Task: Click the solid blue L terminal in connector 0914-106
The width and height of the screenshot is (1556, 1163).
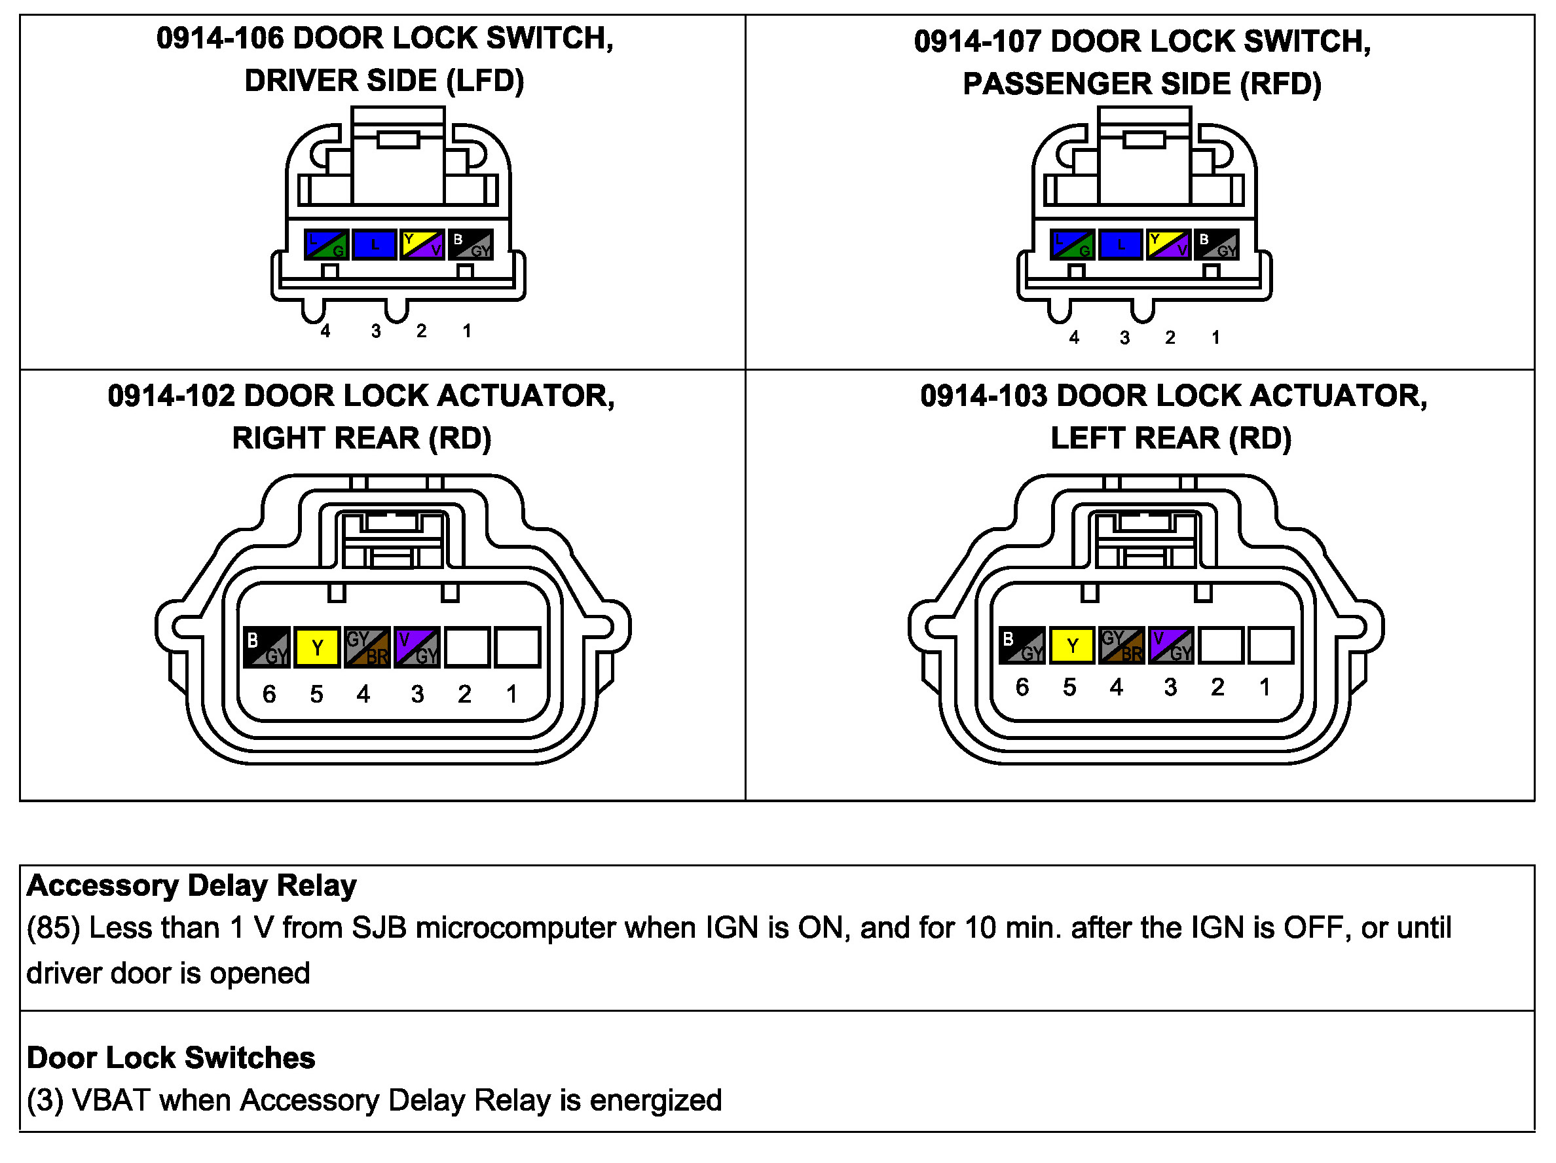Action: point(374,245)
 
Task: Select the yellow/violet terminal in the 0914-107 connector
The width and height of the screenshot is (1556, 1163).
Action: point(1168,245)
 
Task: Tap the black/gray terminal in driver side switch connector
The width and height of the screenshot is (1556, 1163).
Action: point(471,245)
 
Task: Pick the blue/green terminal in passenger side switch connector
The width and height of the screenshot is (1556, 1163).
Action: point(1071,245)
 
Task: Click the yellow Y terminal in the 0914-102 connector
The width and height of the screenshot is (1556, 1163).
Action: point(317,646)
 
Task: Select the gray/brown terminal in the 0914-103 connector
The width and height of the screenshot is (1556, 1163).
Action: point(1121,646)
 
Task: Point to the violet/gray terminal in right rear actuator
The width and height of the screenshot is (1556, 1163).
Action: point(417,646)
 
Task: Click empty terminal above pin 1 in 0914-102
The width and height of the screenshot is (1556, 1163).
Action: point(517,646)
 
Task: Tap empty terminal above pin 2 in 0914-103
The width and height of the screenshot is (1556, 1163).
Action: point(1221,646)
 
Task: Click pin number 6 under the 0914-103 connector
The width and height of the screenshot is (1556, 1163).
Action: point(1022,688)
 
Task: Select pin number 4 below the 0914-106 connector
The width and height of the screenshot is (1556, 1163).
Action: point(325,331)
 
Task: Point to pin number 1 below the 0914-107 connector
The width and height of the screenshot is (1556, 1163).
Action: point(1215,338)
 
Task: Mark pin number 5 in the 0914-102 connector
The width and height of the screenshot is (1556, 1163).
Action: point(316,694)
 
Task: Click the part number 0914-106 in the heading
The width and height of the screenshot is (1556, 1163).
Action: point(219,38)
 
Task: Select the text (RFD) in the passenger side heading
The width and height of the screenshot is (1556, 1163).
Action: point(1280,84)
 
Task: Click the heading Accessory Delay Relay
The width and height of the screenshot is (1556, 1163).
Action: point(191,885)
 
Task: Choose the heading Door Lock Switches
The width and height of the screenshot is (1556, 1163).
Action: point(171,1058)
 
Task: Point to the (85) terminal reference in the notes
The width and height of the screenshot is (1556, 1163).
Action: point(53,928)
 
